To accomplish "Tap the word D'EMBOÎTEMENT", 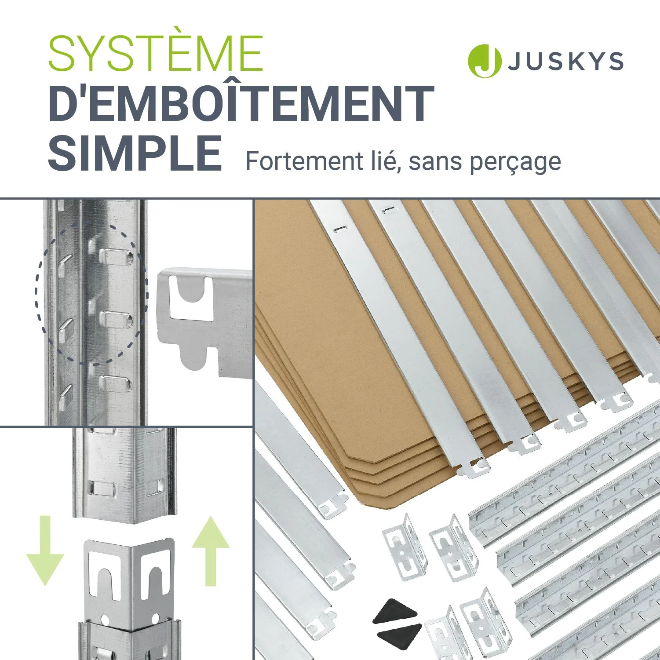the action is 241,104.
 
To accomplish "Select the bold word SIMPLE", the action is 135,153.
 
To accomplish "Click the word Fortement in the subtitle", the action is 304,161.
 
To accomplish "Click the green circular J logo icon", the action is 485,61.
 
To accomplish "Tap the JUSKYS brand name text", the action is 566,61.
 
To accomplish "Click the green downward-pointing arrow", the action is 45,551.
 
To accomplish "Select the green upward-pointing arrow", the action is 211,551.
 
